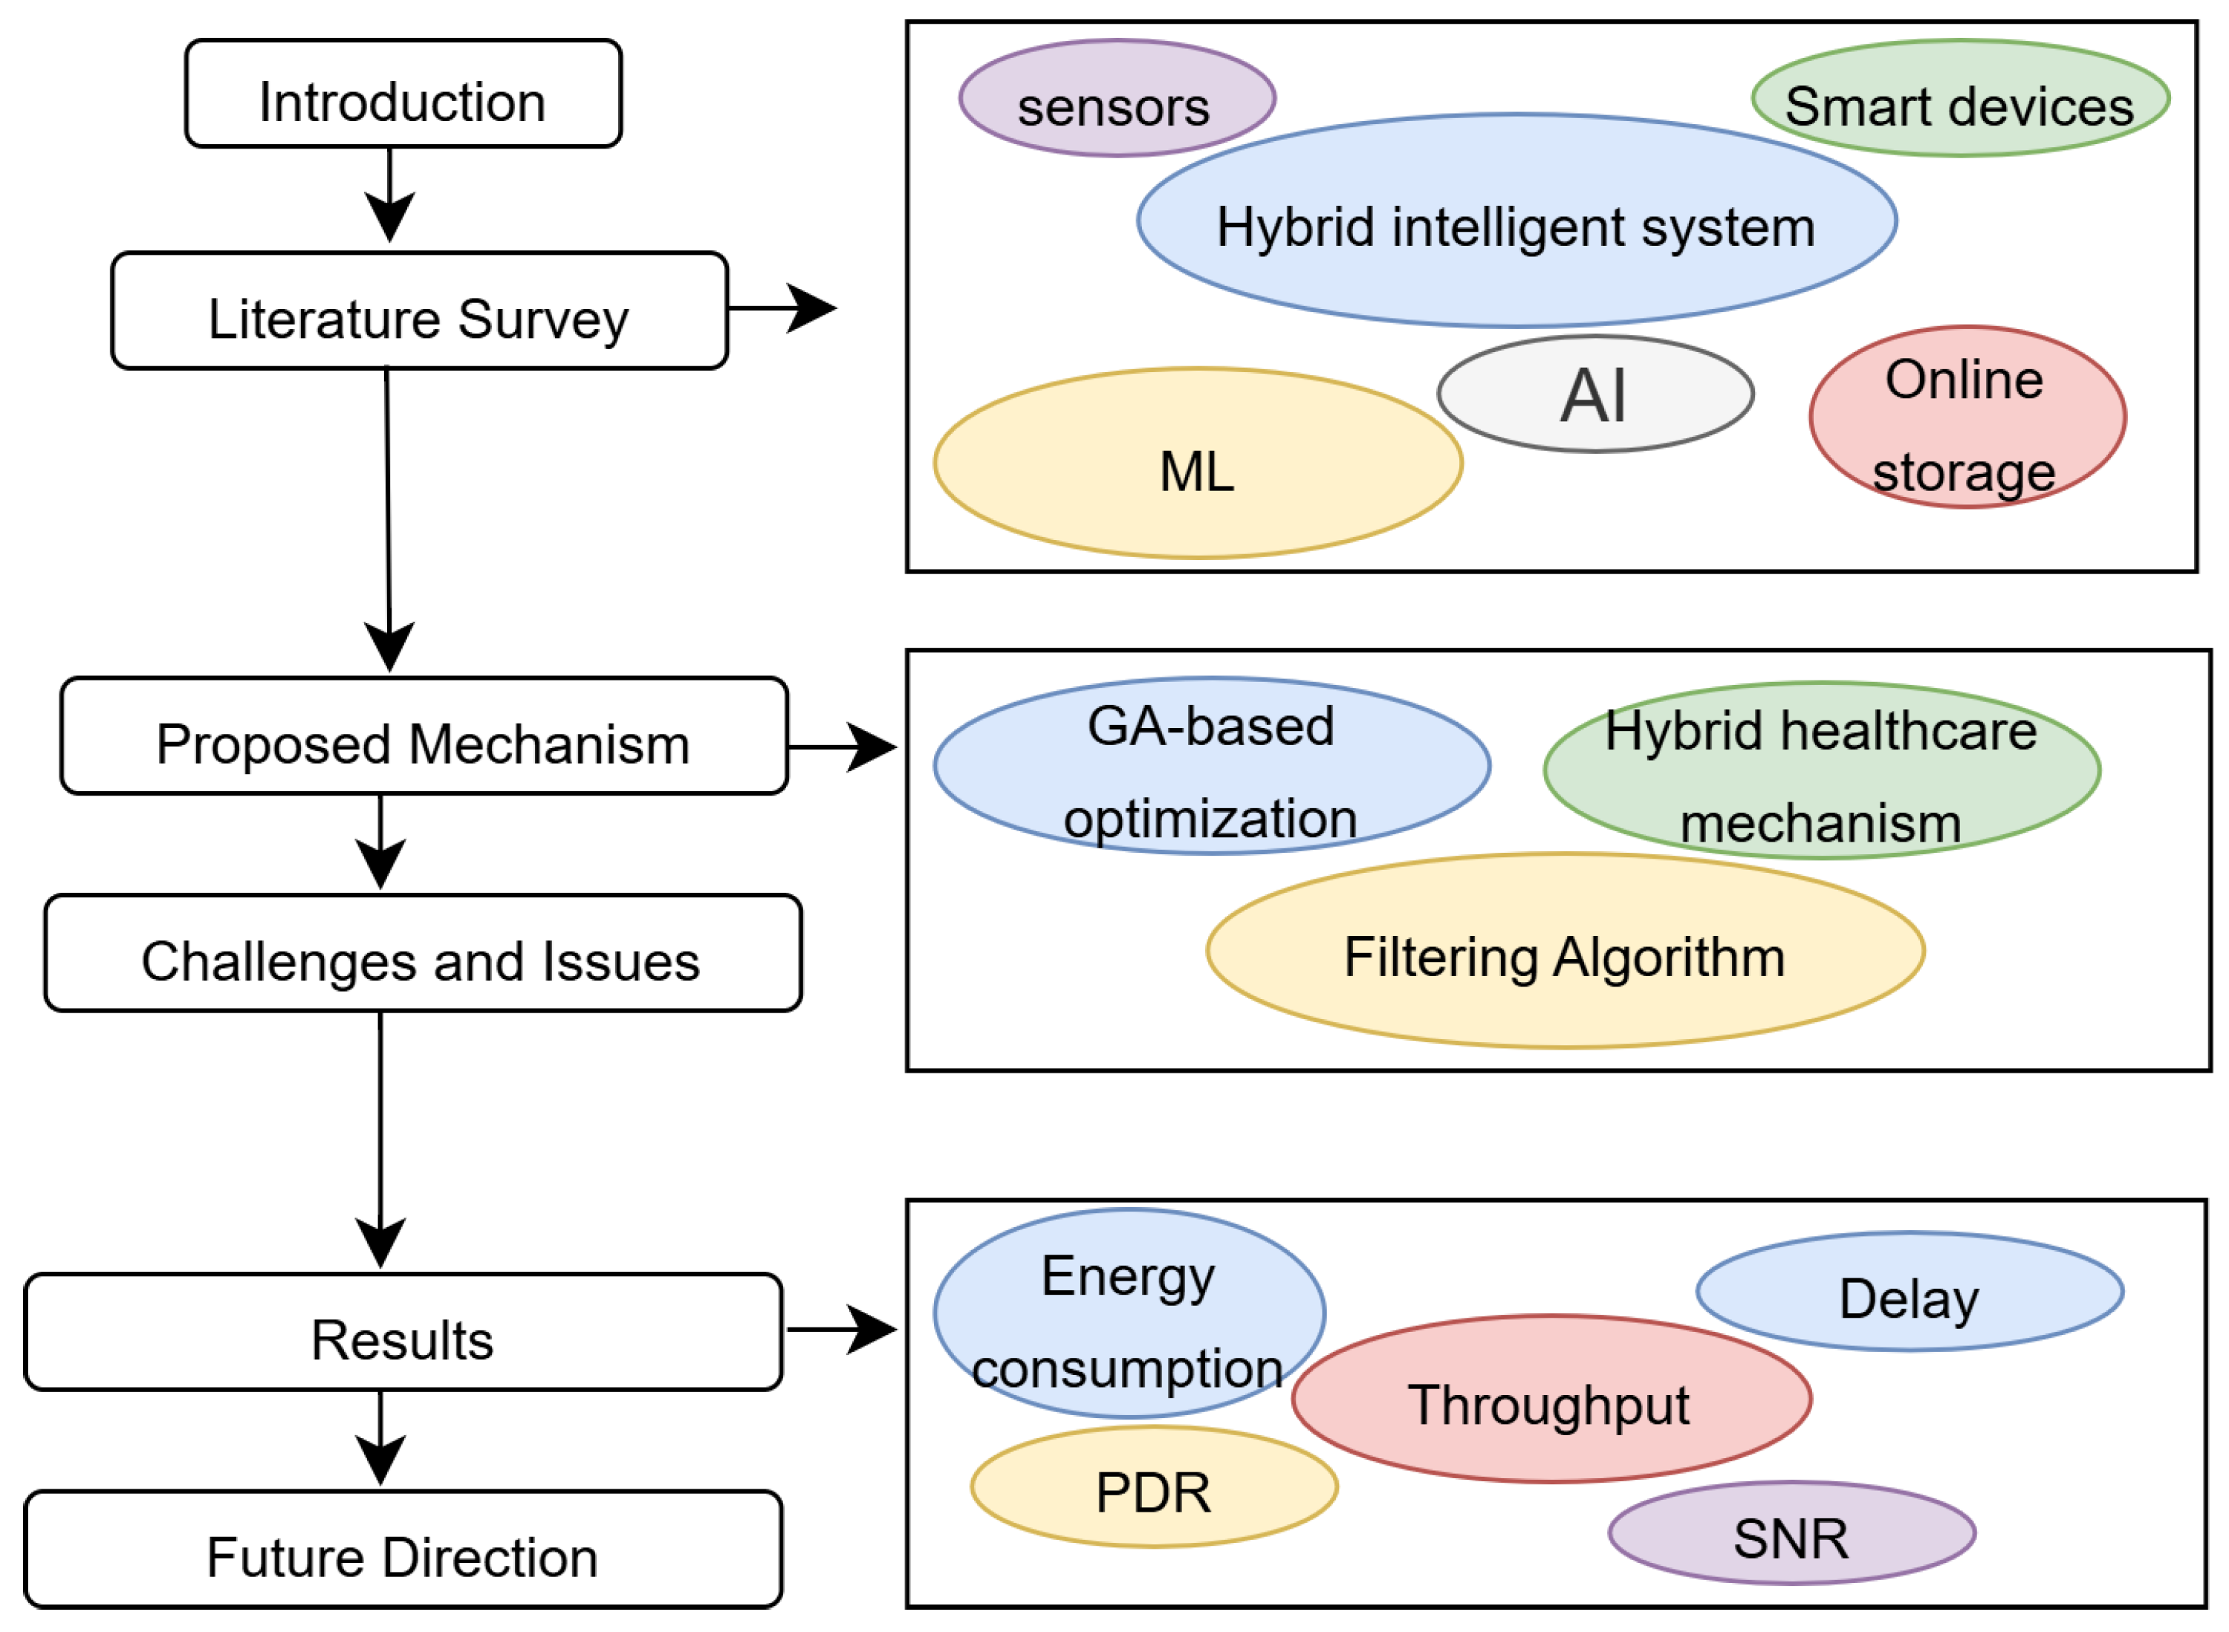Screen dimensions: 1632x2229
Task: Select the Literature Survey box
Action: [419, 311]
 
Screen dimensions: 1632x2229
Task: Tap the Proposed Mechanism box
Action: [423, 736]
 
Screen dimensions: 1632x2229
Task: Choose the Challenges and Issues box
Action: [422, 953]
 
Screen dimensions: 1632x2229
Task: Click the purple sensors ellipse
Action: [1117, 99]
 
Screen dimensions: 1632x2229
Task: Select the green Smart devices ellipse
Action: [1960, 99]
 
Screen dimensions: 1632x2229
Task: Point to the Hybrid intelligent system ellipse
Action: [1516, 221]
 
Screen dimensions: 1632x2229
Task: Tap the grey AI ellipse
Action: [1594, 394]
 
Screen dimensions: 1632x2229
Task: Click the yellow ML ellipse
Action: [1198, 464]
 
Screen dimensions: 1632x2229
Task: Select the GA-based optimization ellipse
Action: [1211, 766]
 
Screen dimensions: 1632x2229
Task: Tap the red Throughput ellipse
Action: [1551, 1399]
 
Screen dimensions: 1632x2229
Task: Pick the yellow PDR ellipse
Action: [1154, 1488]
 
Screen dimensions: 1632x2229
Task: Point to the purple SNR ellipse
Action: [1791, 1533]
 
